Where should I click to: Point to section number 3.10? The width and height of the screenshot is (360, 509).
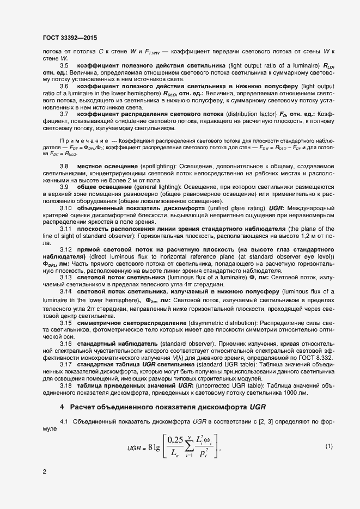coord(65,208)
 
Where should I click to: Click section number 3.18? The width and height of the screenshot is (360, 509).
coord(65,385)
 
